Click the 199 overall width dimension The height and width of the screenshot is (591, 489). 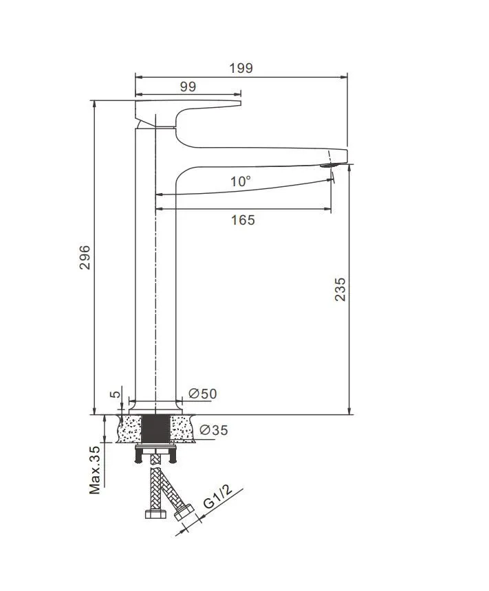241,68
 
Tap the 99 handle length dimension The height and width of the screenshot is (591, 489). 188,87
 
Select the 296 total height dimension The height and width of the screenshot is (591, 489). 85,257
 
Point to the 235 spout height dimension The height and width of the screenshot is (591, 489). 340,289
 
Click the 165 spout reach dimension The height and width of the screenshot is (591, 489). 243,220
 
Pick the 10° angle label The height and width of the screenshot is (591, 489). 241,181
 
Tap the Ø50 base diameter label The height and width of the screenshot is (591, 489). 203,394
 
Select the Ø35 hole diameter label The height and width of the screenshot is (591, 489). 214,430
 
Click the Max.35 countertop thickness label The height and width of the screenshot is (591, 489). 95,470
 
